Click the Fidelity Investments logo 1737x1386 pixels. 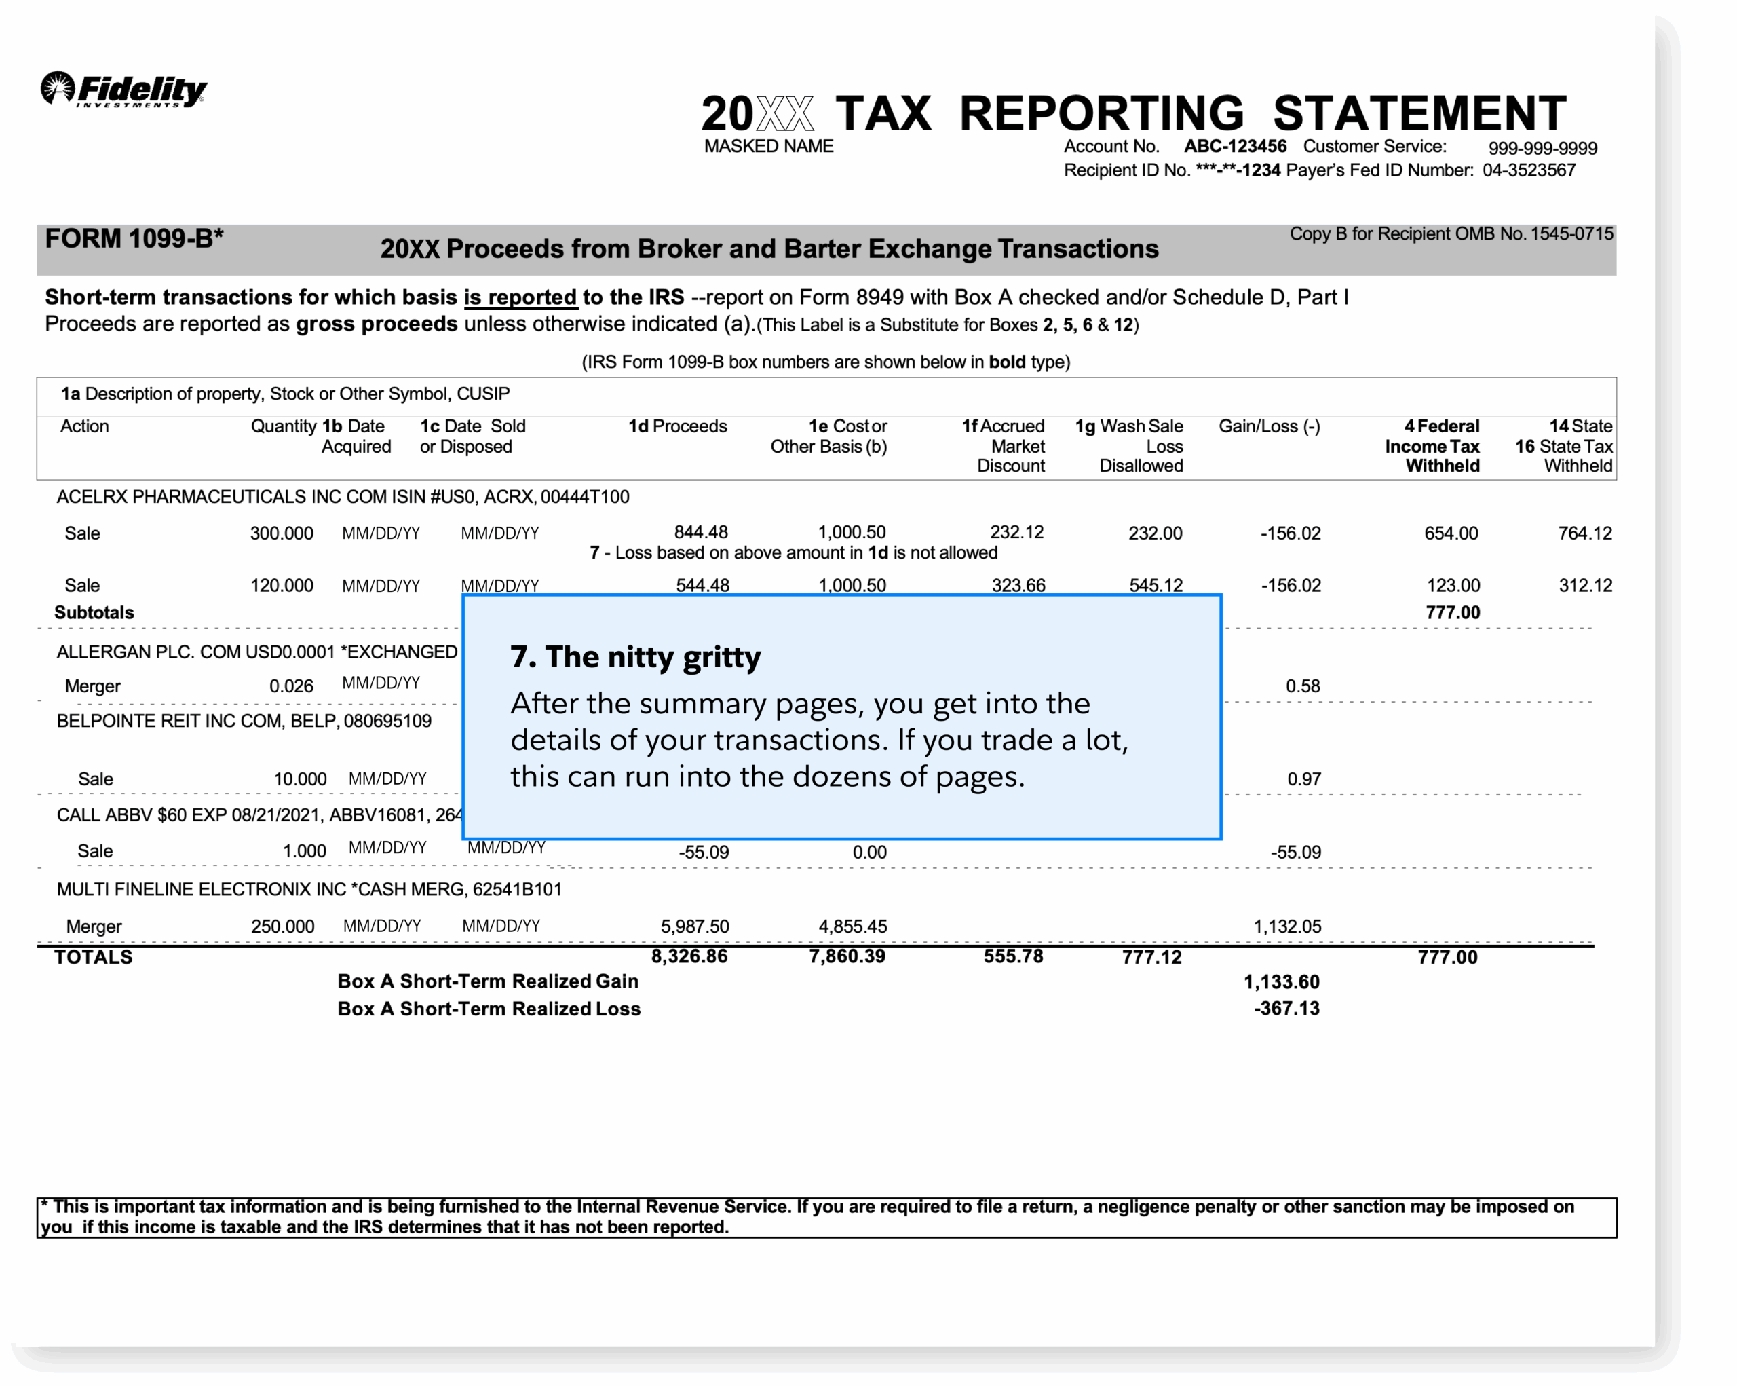(123, 90)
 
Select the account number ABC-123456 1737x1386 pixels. (1234, 147)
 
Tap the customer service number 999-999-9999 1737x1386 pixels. (1542, 148)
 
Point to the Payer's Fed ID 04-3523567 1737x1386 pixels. (1528, 171)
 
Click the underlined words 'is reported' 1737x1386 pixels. (520, 297)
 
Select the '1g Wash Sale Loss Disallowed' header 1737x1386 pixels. (1129, 446)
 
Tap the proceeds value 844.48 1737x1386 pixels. (700, 533)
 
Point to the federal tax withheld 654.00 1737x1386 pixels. (1450, 533)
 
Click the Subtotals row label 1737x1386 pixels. (94, 612)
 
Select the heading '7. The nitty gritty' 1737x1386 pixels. (635, 657)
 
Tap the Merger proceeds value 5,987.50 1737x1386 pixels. (695, 926)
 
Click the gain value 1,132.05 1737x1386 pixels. (1286, 926)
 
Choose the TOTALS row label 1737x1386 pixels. (94, 957)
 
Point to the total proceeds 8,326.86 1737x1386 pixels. (689, 956)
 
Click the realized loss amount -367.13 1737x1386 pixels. (1286, 1009)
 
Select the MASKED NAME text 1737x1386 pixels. (768, 147)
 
